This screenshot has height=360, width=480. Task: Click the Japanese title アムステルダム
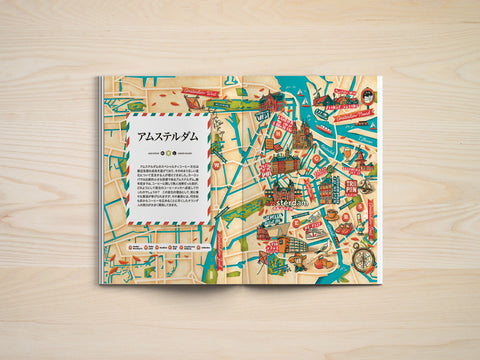tap(167, 130)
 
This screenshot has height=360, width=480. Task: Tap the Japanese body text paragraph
tap(167, 184)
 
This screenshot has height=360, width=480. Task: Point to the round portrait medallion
tap(368, 95)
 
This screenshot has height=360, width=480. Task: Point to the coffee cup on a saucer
tap(331, 214)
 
